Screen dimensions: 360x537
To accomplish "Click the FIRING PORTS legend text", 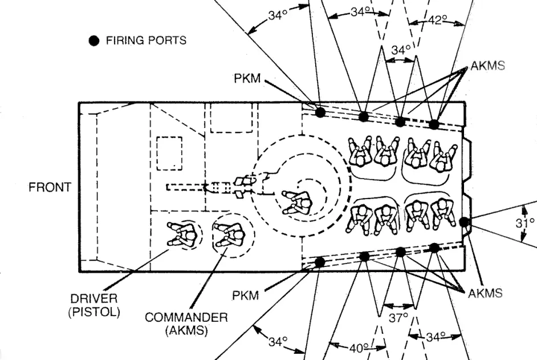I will tap(146, 41).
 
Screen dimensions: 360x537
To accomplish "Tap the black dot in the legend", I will tap(95, 41).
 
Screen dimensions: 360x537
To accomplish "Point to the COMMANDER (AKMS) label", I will tap(186, 323).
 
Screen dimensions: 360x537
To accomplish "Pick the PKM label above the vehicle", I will tap(247, 79).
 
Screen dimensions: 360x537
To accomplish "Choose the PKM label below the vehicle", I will tap(246, 296).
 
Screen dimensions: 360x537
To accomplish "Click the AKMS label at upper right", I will tap(487, 66).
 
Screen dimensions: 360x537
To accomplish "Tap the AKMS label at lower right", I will tap(485, 293).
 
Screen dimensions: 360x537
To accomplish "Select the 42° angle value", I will tap(438, 21).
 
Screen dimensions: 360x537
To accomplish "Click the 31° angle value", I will tap(525, 223).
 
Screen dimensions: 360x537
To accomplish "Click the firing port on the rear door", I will tap(464, 222).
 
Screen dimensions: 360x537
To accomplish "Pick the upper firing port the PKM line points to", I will tap(320, 112).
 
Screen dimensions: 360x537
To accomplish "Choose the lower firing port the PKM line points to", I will tap(320, 262).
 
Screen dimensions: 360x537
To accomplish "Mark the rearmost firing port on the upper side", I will tap(434, 124).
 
